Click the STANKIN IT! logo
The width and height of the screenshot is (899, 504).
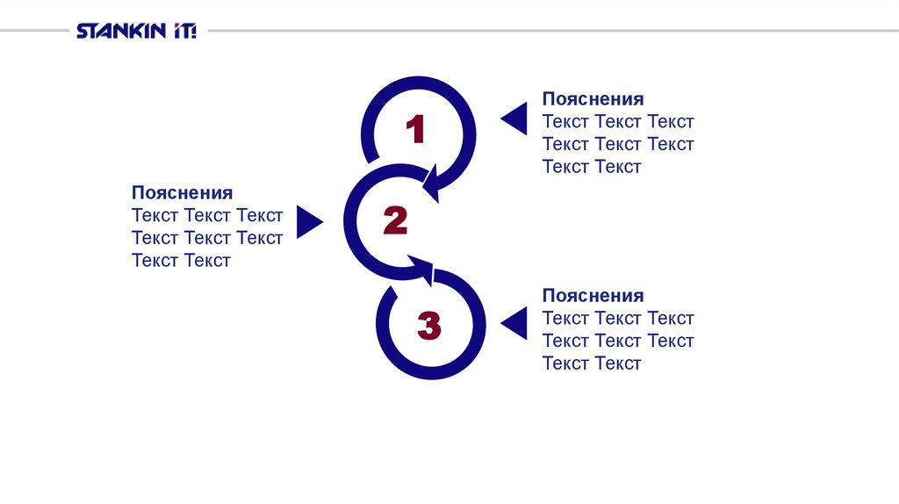coord(136,32)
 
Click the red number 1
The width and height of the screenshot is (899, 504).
coord(414,131)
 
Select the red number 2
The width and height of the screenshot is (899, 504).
coord(395,221)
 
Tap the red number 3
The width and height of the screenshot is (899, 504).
coord(428,326)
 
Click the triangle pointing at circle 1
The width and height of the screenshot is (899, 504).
coord(516,119)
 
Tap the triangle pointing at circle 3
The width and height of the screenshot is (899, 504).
coord(516,323)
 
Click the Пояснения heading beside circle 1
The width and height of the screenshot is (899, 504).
coord(593,99)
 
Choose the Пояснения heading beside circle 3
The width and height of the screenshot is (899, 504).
coord(593,296)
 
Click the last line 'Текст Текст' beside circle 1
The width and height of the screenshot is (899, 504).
coord(592,167)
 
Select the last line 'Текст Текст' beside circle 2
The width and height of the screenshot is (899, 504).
coord(181,260)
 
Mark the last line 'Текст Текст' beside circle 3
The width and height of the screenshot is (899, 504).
coord(592,364)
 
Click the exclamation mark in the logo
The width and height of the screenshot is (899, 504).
coord(192,32)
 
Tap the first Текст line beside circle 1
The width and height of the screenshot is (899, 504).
coord(618,122)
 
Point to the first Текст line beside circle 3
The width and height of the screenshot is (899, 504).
coord(618,319)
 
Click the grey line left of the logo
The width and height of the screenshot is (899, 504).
coord(35,32)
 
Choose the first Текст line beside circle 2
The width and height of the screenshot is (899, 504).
coord(207,215)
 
